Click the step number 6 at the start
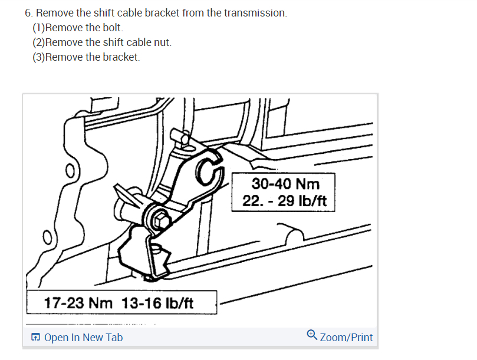28,13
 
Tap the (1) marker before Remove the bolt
38,28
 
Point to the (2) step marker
38,42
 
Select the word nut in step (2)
162,42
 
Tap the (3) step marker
38,57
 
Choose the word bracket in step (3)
121,57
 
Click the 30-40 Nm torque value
285,184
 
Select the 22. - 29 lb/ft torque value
285,200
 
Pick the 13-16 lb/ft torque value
157,303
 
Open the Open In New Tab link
83,338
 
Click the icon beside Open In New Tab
36,338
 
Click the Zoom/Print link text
346,338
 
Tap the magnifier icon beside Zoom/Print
312,335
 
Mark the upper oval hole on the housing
69,171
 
